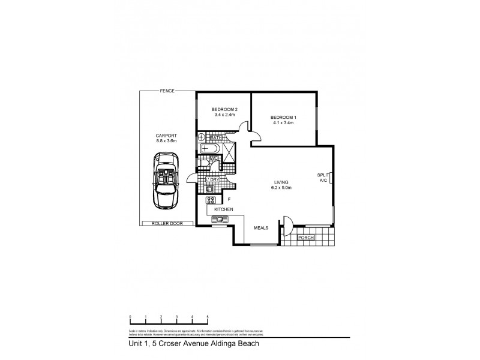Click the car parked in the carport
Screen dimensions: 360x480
click(165, 180)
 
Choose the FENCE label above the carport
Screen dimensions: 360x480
click(167, 91)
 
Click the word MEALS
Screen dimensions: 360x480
click(260, 228)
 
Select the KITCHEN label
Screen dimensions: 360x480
click(224, 209)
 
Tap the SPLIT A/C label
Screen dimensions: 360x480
click(323, 177)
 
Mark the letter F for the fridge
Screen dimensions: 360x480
click(229, 199)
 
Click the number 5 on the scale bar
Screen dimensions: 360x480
click(208, 316)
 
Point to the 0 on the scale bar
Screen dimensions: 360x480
click(130, 316)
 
